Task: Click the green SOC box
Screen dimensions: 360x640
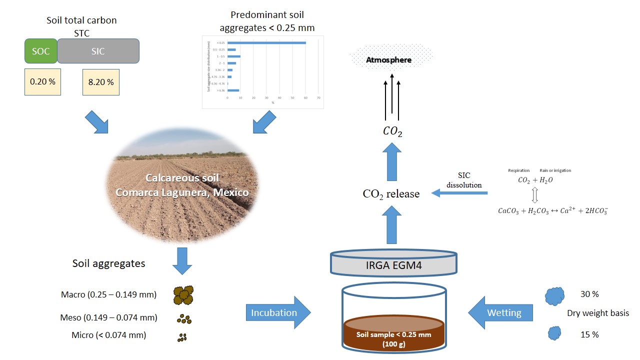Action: point(41,51)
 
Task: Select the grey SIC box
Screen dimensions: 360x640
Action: point(98,51)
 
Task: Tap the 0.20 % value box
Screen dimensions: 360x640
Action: point(42,82)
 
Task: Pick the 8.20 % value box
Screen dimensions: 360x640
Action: point(100,82)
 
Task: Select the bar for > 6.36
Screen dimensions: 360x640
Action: point(233,90)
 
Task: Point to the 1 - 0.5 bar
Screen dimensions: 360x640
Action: point(234,56)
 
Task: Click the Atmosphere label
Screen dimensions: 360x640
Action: point(388,60)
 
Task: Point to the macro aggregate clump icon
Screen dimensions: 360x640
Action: point(183,295)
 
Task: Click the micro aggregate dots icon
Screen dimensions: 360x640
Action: point(182,338)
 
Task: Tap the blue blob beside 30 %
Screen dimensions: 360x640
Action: point(554,295)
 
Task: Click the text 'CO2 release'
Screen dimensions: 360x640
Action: point(391,194)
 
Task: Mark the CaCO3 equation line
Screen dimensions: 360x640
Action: point(552,210)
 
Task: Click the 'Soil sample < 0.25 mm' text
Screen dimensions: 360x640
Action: point(393,334)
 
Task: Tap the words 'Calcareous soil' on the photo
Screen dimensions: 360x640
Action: point(182,178)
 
